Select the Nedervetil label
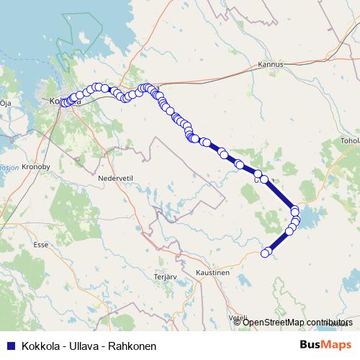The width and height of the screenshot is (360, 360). point(117,177)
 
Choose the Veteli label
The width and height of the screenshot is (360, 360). point(238,317)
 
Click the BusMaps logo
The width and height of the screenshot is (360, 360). point(325,345)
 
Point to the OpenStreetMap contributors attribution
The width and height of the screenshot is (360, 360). point(297,323)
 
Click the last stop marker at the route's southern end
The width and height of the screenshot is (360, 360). point(265,253)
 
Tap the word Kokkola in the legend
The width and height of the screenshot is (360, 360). point(40,346)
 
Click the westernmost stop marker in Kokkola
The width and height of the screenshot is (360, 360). point(63,102)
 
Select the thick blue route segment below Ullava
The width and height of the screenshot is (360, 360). point(282,194)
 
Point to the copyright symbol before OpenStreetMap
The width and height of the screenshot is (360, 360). point(238,323)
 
